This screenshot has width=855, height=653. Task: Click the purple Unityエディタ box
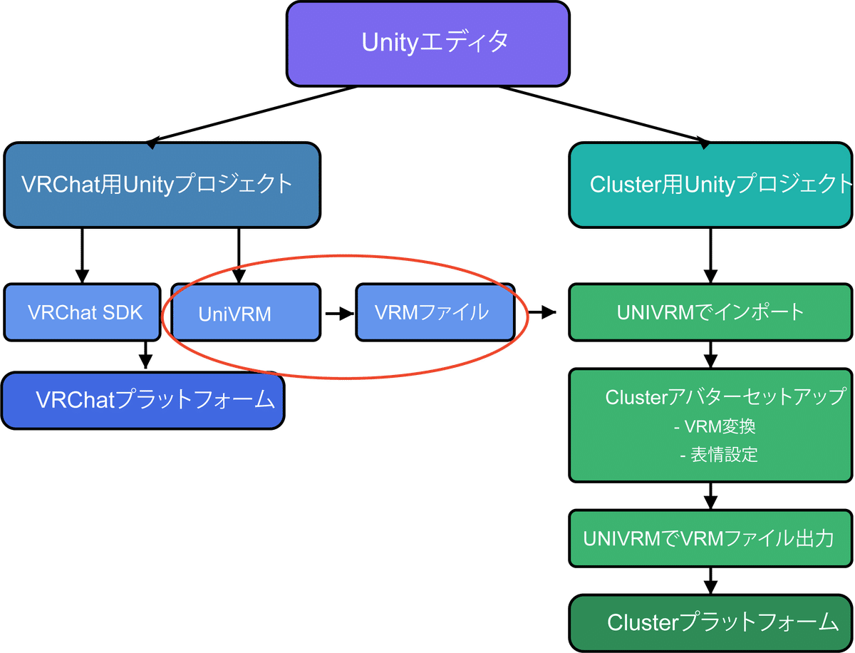coord(427,43)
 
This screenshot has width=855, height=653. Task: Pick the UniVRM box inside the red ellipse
coord(235,314)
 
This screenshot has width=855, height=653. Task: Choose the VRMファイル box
coord(434,312)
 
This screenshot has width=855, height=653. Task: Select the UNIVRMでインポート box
coord(711,312)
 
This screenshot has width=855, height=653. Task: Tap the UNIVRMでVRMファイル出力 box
coord(711,538)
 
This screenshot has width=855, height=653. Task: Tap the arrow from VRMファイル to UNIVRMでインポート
coord(541,312)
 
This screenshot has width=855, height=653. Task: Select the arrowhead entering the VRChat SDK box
coord(82,275)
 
